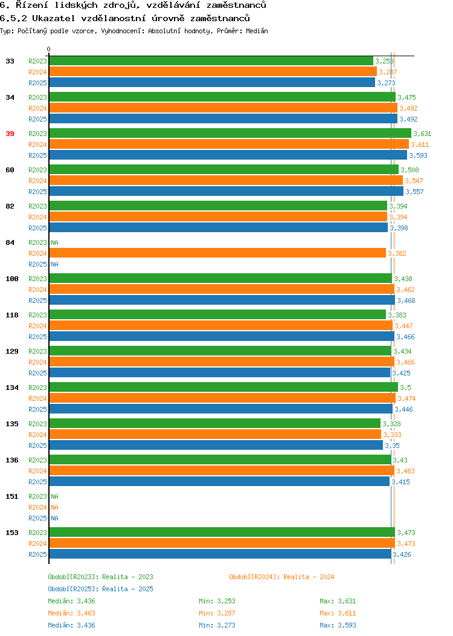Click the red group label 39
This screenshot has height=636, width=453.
click(10, 134)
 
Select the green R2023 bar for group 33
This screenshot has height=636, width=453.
click(211, 61)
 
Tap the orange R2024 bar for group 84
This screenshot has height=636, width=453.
click(217, 253)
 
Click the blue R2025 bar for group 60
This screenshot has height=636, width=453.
click(226, 192)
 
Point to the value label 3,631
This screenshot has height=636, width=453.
click(422, 134)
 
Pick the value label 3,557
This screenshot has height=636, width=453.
click(414, 192)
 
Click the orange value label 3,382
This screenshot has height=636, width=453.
click(397, 253)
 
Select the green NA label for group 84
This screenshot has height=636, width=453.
click(55, 242)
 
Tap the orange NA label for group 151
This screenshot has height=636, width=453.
click(55, 507)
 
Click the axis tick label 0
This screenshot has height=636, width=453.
click(49, 50)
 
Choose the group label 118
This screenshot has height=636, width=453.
click(11, 315)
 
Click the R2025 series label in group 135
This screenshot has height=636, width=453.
click(37, 446)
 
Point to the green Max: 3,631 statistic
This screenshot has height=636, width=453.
click(338, 601)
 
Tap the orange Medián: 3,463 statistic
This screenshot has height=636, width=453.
click(72, 613)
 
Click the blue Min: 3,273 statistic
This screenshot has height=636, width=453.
click(217, 626)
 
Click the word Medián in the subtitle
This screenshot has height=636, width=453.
click(257, 31)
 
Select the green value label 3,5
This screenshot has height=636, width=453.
click(406, 388)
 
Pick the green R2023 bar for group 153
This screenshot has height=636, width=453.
click(222, 532)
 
